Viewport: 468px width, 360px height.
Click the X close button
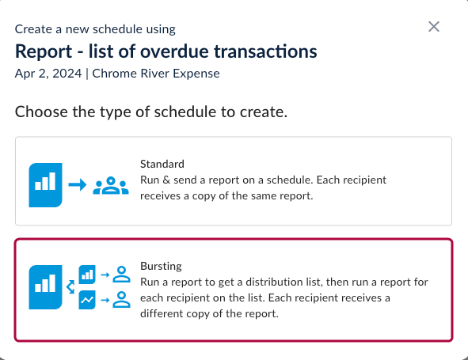coord(434,27)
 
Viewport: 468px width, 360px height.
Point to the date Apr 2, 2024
coord(50,74)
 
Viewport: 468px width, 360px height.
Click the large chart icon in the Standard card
coord(45,183)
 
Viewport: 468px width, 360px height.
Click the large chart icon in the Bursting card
coord(45,286)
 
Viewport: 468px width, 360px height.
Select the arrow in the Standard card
coord(77,185)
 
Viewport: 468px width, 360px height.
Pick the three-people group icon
coord(111,185)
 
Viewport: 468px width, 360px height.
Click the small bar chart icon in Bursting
coord(87,274)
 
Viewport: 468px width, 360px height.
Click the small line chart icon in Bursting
coord(87,300)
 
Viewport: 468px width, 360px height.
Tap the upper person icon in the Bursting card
coord(121,274)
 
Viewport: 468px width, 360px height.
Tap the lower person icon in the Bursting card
coord(121,300)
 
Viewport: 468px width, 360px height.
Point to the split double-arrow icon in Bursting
coord(69,286)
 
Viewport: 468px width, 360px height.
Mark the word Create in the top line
coord(32,29)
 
